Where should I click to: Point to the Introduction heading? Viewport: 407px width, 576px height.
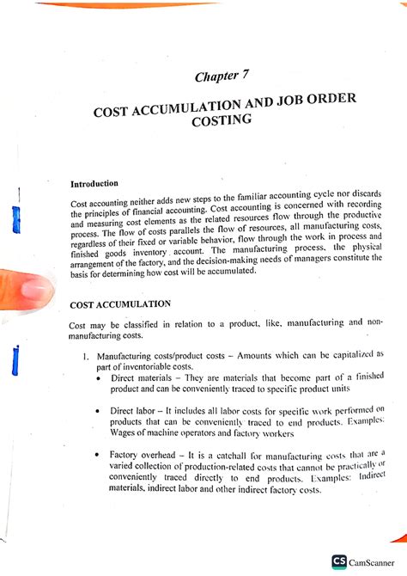coord(98,183)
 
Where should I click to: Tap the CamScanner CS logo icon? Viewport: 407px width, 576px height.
coord(340,561)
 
